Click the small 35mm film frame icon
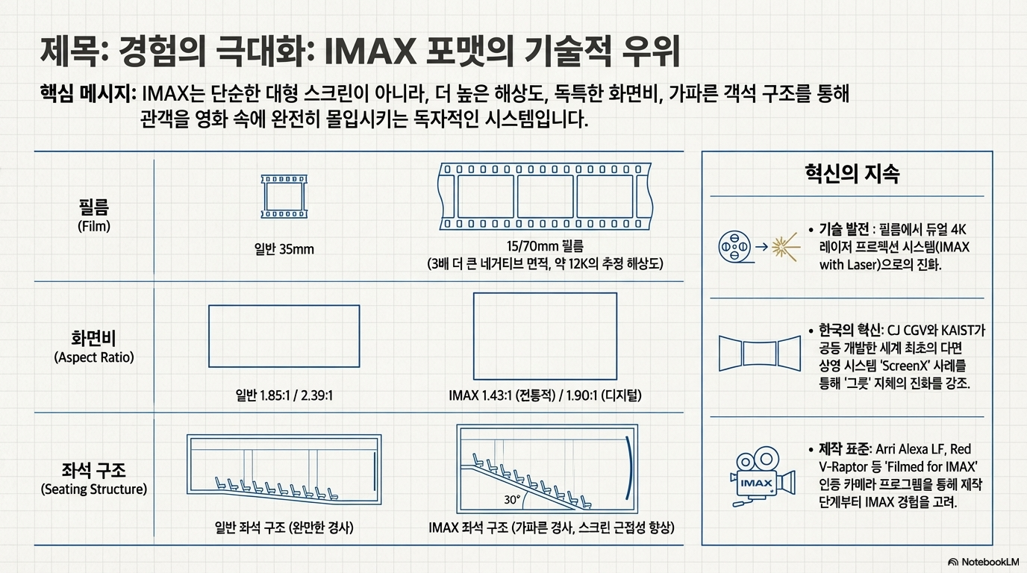[284, 197]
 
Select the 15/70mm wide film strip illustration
[545, 196]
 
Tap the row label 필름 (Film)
[94, 214]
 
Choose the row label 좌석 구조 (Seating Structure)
[94, 478]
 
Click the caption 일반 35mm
[284, 249]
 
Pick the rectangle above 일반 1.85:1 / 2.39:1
[284, 336]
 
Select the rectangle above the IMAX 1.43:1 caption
[545, 336]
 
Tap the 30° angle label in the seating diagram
[513, 499]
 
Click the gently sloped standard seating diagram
[284, 471]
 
